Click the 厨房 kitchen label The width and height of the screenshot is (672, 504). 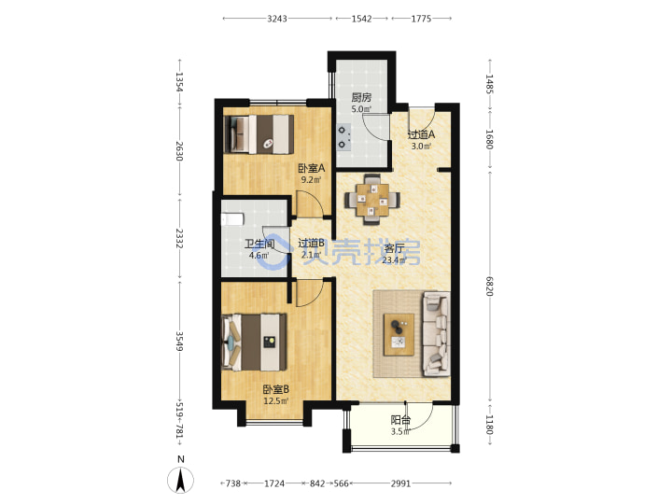[361, 98]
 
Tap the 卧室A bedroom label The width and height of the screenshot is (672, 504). [312, 168]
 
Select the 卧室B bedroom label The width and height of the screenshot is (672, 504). [276, 389]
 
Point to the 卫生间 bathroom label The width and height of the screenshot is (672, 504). [259, 245]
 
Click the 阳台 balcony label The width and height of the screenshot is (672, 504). [400, 420]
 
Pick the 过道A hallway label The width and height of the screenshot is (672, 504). [421, 134]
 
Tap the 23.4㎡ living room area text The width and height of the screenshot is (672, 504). [394, 260]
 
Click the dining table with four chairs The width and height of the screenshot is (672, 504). [372, 200]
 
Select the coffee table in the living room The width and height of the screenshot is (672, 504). [399, 335]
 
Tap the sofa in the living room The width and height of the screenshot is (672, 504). [436, 334]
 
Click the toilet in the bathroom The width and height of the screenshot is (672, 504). [231, 219]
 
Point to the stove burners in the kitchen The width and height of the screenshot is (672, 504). [343, 137]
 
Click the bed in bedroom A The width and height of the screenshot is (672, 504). [259, 134]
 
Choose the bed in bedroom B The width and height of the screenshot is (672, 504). [254, 343]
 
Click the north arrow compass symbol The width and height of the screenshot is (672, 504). [180, 480]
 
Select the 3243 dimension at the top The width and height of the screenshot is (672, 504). [277, 19]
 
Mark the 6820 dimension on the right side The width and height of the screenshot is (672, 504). [490, 286]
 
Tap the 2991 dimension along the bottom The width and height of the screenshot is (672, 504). [400, 483]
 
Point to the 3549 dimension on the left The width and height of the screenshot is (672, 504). [180, 342]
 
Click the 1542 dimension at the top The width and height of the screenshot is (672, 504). [362, 19]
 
